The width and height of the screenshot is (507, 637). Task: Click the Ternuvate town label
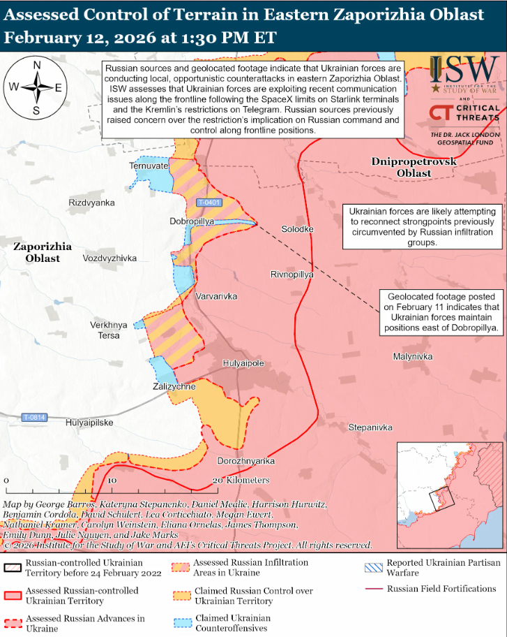click(x=149, y=166)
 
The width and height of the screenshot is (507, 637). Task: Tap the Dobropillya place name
click(x=192, y=221)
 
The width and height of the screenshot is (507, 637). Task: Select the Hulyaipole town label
click(x=243, y=363)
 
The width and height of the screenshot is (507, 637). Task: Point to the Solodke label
click(x=297, y=229)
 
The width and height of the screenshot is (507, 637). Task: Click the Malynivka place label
click(x=413, y=356)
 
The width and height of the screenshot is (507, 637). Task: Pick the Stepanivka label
click(x=370, y=427)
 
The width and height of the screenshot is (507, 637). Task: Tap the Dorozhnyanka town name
click(x=246, y=461)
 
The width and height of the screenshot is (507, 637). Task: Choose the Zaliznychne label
click(x=174, y=386)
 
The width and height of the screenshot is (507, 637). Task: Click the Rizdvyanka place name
click(x=91, y=203)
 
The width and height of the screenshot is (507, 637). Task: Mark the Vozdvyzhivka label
click(x=109, y=258)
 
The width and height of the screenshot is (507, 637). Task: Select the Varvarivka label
click(x=216, y=296)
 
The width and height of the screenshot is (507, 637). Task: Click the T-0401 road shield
click(x=209, y=203)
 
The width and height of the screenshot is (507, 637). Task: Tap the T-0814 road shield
click(x=33, y=417)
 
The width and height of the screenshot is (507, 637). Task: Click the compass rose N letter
click(x=37, y=66)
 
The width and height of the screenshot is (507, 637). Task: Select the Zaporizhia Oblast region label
click(x=42, y=252)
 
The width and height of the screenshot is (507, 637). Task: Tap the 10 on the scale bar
click(x=112, y=481)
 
